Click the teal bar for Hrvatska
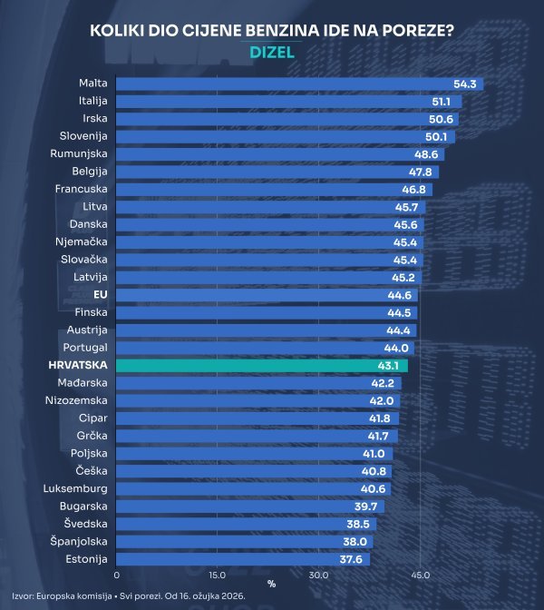pos(263,365)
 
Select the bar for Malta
pos(299,84)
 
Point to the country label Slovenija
pos(84,136)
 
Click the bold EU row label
pos(101,295)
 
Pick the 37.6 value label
pos(350,559)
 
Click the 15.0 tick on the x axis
pos(218,576)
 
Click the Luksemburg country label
pos(76,488)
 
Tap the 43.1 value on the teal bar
pos(388,366)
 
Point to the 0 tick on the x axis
pos(117,576)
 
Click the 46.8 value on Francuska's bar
pos(413,190)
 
